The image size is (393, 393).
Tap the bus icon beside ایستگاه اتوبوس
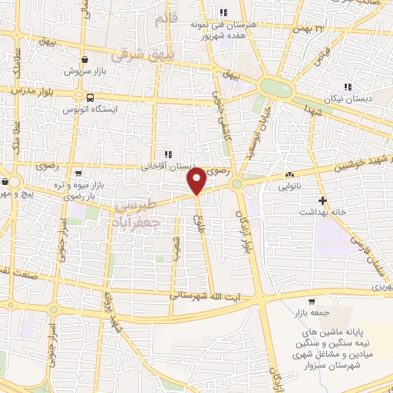click(x=91, y=98)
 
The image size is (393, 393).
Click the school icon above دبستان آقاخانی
click(x=168, y=154)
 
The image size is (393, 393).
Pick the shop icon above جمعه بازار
click(x=311, y=301)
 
